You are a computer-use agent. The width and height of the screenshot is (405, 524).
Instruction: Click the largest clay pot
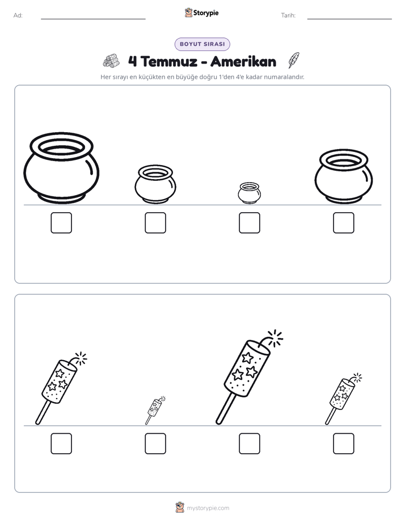point(61,168)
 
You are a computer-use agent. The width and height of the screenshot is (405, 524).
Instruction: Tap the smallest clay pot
point(249,193)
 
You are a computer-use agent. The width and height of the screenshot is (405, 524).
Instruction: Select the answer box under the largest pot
point(61,223)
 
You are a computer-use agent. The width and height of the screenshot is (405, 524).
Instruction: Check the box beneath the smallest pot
point(249,223)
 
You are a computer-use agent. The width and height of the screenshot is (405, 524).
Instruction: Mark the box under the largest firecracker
point(249,444)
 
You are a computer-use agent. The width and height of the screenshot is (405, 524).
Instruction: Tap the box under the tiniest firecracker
point(155,444)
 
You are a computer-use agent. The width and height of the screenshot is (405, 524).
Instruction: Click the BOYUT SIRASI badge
point(202,44)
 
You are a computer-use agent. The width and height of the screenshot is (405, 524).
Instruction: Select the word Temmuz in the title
point(169,61)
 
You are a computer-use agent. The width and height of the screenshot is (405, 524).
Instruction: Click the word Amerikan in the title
point(243,61)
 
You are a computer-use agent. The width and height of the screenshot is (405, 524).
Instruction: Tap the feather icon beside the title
point(294,60)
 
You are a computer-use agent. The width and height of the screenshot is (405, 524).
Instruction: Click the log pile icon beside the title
point(111,61)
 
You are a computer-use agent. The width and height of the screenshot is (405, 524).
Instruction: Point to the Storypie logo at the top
point(202,12)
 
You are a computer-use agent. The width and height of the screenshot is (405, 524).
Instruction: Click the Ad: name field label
point(18,15)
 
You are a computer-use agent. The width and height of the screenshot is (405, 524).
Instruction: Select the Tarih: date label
point(288,15)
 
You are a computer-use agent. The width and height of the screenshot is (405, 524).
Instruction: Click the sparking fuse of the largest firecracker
point(272,339)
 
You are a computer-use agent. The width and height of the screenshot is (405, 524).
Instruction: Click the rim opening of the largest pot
point(61,147)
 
